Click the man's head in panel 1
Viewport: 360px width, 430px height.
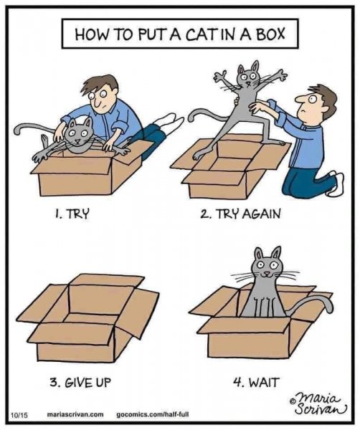(x=105, y=92)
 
